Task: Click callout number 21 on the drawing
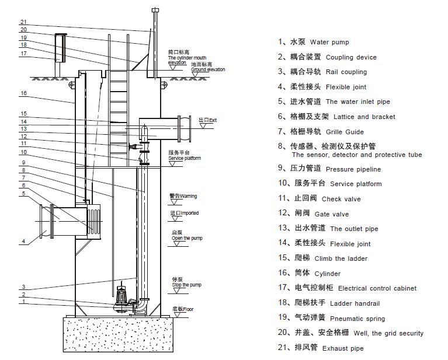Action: [x=23, y=23]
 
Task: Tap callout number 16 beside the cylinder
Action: [x=23, y=93]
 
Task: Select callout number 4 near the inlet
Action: [x=23, y=241]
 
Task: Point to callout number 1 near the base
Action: [x=23, y=302]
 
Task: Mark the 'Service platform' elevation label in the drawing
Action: [x=184, y=158]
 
